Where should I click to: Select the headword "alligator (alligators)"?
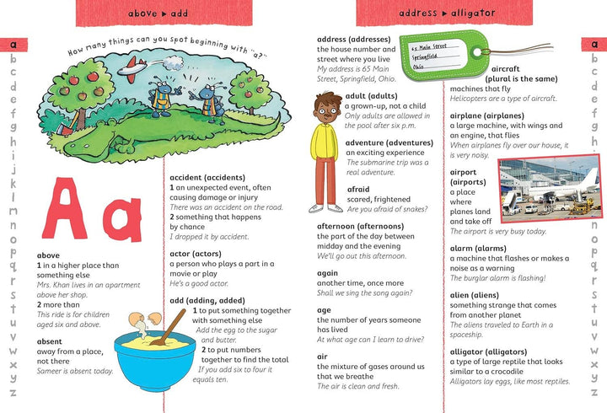(x=490, y=352)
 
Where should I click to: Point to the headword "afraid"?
(x=358, y=190)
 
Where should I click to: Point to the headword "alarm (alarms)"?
(x=477, y=249)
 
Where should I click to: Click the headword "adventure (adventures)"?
(x=389, y=142)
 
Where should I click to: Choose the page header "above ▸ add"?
(x=158, y=14)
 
